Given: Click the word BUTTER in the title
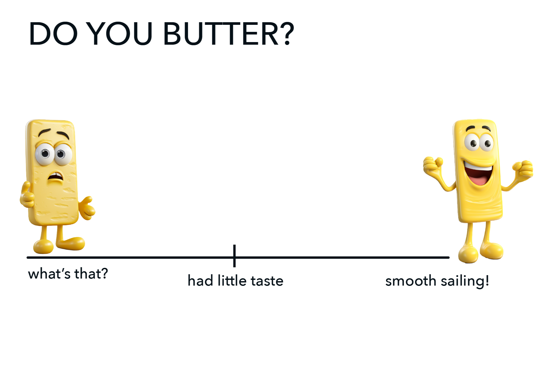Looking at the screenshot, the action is tap(221, 34).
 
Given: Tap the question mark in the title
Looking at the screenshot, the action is tap(287, 33).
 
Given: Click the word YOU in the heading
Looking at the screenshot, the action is tap(119, 34).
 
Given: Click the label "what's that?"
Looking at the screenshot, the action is tap(68, 274).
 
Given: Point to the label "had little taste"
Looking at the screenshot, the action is tap(235, 281).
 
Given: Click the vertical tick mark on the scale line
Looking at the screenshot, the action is tap(234, 256).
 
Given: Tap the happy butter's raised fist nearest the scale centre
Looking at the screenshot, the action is tap(433, 166).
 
